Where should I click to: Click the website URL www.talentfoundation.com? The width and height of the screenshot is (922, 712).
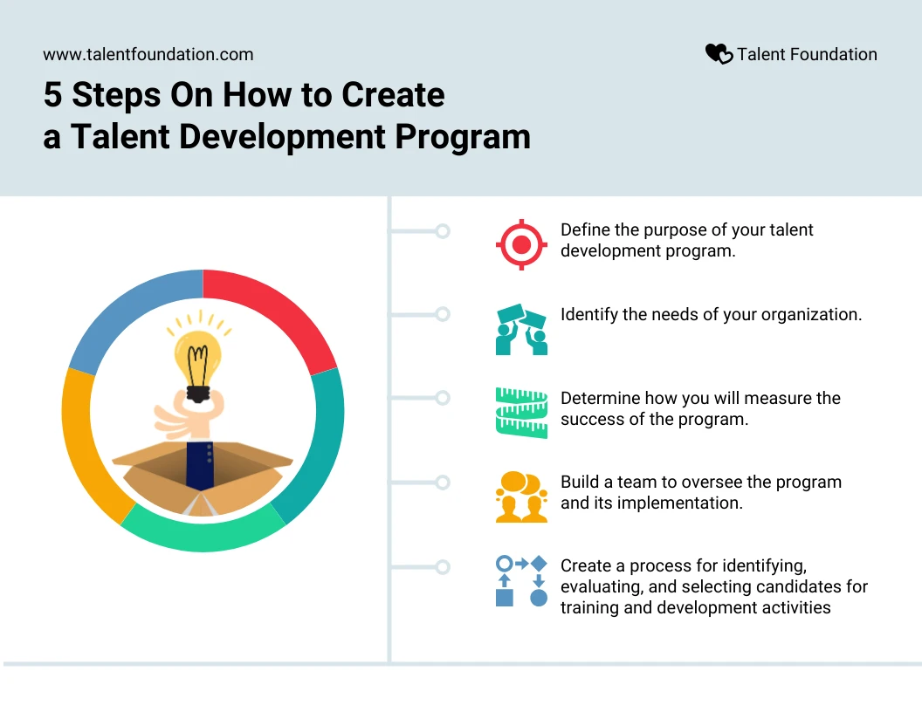[x=148, y=54]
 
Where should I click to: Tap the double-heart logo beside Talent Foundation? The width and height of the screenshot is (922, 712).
[x=719, y=54]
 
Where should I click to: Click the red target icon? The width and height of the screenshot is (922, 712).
[x=521, y=244]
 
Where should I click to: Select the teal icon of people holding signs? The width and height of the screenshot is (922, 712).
[x=521, y=330]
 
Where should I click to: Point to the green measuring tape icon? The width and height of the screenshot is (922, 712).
[x=521, y=413]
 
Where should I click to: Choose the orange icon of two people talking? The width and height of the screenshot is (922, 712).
[x=521, y=496]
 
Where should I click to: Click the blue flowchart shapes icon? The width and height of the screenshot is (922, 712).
[x=521, y=581]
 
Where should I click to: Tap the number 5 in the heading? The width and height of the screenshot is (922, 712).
[x=52, y=94]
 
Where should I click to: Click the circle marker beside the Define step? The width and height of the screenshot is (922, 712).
[x=443, y=231]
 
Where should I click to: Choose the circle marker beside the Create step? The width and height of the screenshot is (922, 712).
[x=443, y=567]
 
